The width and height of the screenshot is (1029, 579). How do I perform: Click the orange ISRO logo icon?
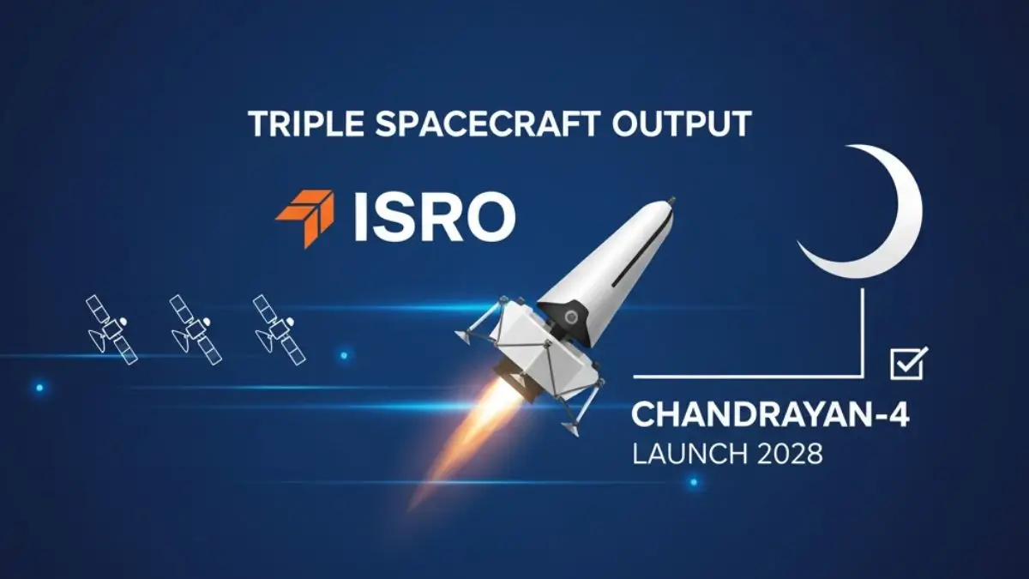click(304, 218)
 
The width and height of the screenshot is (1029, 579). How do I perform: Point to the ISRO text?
click(433, 218)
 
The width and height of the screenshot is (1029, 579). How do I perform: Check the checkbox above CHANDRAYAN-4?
click(907, 364)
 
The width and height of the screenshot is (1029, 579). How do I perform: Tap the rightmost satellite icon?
click(279, 328)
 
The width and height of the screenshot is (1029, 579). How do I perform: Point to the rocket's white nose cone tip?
click(667, 202)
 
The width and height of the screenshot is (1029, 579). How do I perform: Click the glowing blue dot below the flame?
click(693, 484)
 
